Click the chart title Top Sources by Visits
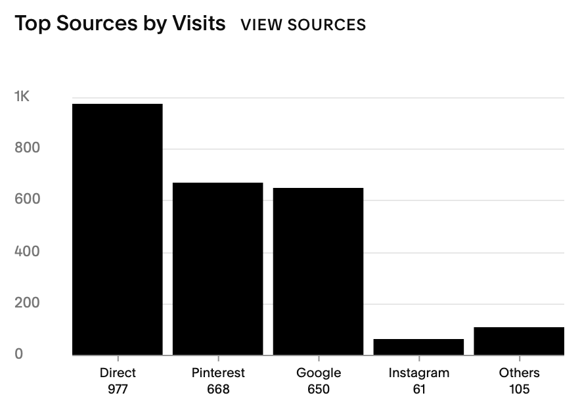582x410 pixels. click(x=120, y=24)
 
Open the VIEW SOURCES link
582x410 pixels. click(x=303, y=25)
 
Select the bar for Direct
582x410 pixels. click(x=118, y=229)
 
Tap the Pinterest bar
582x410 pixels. click(x=218, y=269)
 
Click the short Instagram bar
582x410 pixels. click(x=419, y=347)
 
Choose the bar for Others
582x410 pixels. click(x=519, y=341)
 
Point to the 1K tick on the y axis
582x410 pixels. click(x=22, y=97)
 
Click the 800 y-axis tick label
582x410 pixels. click(x=27, y=148)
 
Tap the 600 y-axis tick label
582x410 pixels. click(x=27, y=200)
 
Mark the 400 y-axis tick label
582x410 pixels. click(x=27, y=252)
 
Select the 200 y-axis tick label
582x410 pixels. click(x=27, y=303)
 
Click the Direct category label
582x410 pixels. click(x=118, y=373)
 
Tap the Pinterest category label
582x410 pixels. click(x=218, y=373)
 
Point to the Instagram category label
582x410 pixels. click(x=419, y=373)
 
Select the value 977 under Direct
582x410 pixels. click(x=118, y=389)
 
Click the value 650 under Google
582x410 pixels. click(x=319, y=389)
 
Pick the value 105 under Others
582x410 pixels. click(x=519, y=389)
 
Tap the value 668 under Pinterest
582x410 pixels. click(x=218, y=389)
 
